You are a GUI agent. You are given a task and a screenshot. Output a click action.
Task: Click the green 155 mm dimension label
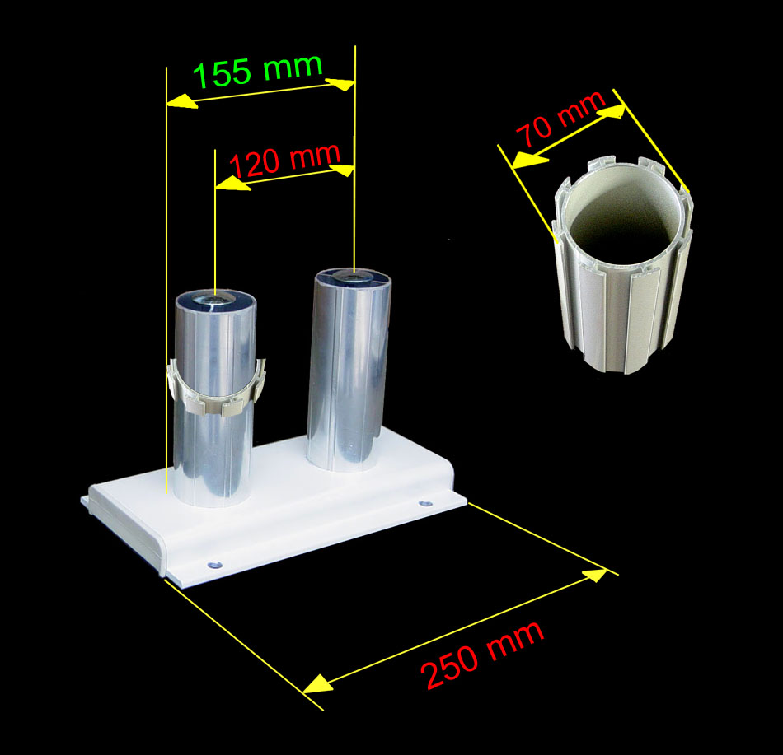(x=258, y=70)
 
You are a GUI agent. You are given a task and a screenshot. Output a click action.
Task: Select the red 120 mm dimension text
(x=285, y=160)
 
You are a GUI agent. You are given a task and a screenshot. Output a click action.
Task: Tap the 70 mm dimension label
(x=561, y=119)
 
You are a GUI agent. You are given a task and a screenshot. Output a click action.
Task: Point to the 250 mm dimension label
(x=482, y=655)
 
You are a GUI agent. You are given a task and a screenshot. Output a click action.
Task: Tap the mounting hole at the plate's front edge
(x=213, y=565)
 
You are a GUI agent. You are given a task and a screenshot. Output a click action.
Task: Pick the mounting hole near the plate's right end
(x=425, y=505)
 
